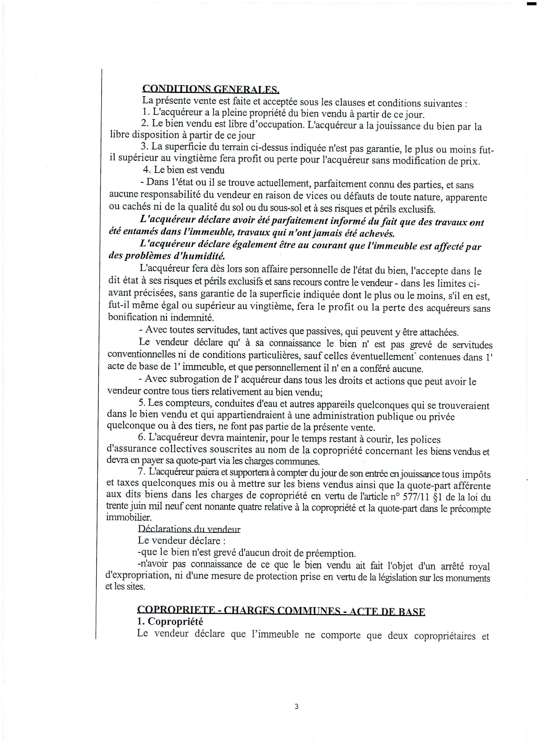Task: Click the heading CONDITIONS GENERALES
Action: (211, 89)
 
